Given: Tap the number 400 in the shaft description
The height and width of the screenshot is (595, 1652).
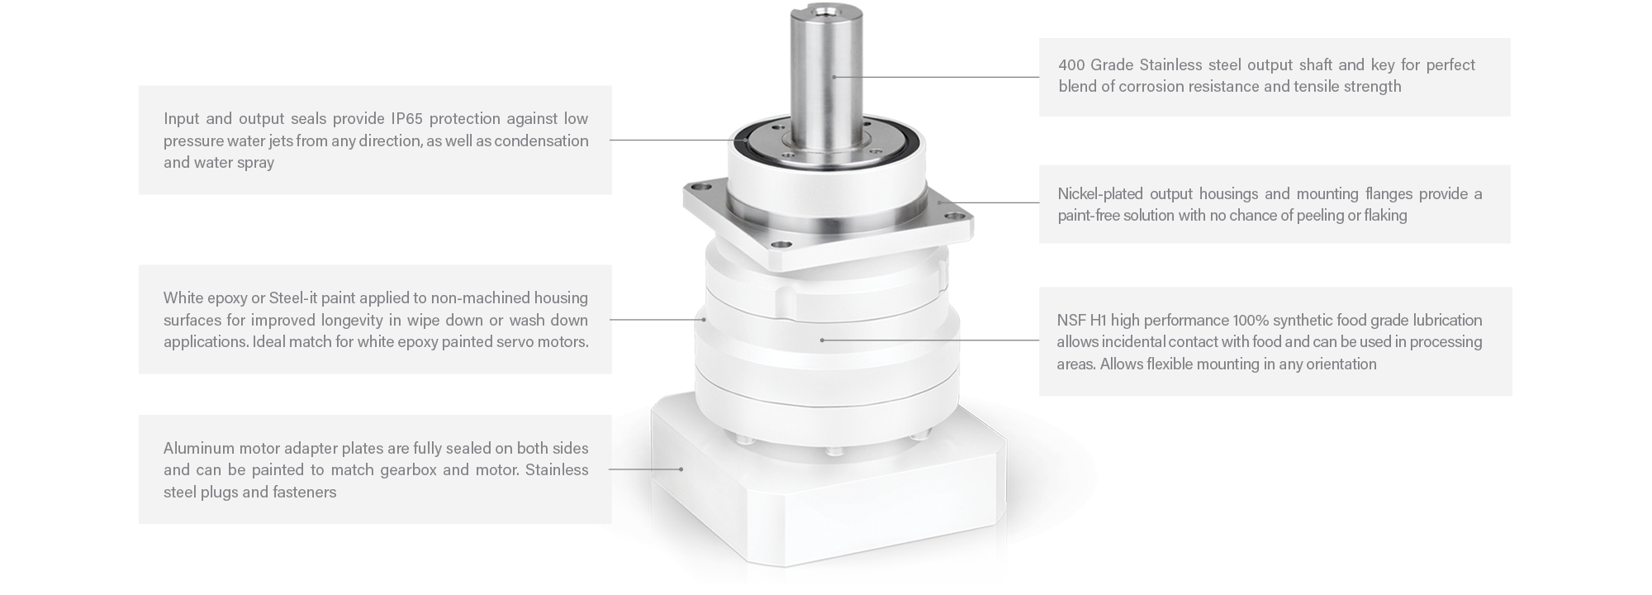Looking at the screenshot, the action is tap(1070, 64).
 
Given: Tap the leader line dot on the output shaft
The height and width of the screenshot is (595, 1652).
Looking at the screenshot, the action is tap(834, 77).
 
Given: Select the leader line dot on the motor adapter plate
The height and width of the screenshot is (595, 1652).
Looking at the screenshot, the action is tap(681, 469).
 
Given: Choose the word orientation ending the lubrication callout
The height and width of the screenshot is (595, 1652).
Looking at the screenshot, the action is tap(1339, 364).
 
